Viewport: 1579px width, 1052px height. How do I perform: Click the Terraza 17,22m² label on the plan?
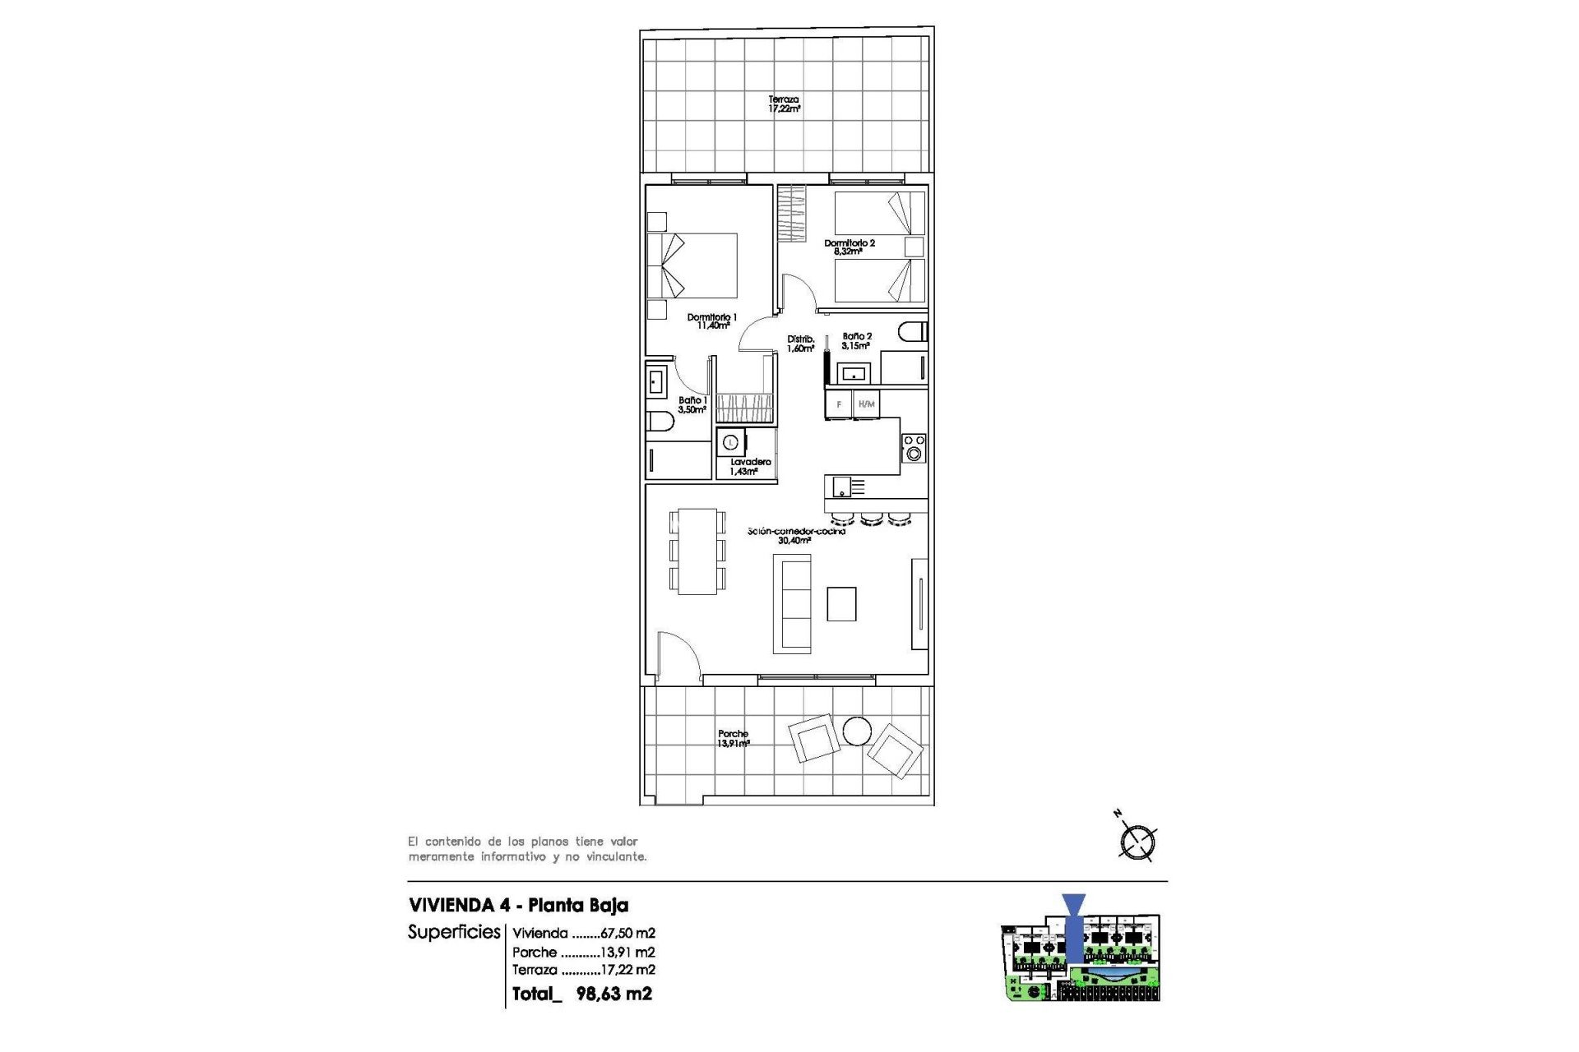784,104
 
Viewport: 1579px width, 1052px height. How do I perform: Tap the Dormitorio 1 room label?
712,321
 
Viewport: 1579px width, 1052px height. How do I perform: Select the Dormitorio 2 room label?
850,247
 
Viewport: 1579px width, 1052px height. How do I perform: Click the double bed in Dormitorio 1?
692,265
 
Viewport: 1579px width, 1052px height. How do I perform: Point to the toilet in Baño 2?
912,332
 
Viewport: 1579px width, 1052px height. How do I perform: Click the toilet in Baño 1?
660,422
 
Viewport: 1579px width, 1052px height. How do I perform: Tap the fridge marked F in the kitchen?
838,404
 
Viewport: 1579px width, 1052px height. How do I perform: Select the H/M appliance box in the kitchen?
866,404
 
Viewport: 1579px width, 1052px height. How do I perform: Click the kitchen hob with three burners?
914,448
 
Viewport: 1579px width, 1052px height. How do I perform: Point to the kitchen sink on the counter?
843,487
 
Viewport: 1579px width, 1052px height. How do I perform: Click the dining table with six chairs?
697,551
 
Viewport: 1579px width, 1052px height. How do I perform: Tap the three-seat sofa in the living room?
792,604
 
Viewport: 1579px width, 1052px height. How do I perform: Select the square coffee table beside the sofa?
841,604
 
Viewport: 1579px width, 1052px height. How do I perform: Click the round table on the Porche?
857,731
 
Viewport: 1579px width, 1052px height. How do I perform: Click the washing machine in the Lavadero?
730,442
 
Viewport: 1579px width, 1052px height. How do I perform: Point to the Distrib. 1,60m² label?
801,344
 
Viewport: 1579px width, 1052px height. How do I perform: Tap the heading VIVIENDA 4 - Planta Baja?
518,906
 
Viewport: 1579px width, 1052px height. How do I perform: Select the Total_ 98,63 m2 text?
581,994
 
